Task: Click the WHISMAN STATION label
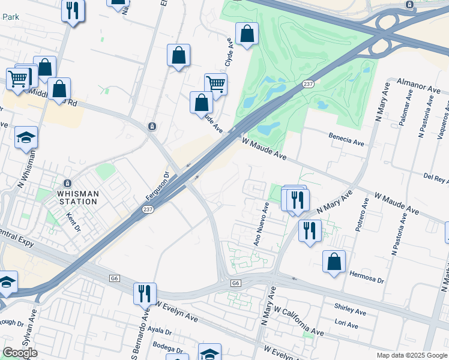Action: [77, 197]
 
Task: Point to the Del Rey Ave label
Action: [436, 178]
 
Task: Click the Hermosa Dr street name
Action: [366, 280]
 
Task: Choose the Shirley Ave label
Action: [351, 312]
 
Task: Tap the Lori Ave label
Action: [346, 325]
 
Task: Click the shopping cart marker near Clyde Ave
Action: [215, 83]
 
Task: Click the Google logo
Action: [20, 353]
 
